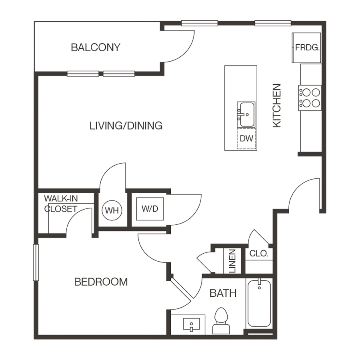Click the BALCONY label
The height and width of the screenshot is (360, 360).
(x=95, y=47)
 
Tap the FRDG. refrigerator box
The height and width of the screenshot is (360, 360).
(x=307, y=48)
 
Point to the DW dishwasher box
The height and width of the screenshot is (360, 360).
(x=246, y=139)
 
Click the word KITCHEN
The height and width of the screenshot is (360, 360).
(x=277, y=106)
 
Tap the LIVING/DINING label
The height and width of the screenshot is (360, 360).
(x=126, y=126)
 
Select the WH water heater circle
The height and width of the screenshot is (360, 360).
(x=112, y=210)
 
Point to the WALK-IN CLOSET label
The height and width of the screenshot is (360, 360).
(x=60, y=203)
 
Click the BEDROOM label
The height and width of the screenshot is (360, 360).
(x=101, y=282)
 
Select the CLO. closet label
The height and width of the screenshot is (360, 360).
(x=258, y=253)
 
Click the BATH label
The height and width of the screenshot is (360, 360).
(x=223, y=293)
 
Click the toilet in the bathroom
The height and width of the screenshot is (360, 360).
(x=221, y=321)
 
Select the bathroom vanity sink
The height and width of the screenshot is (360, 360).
(x=191, y=324)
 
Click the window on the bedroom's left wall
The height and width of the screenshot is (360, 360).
(x=35, y=262)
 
